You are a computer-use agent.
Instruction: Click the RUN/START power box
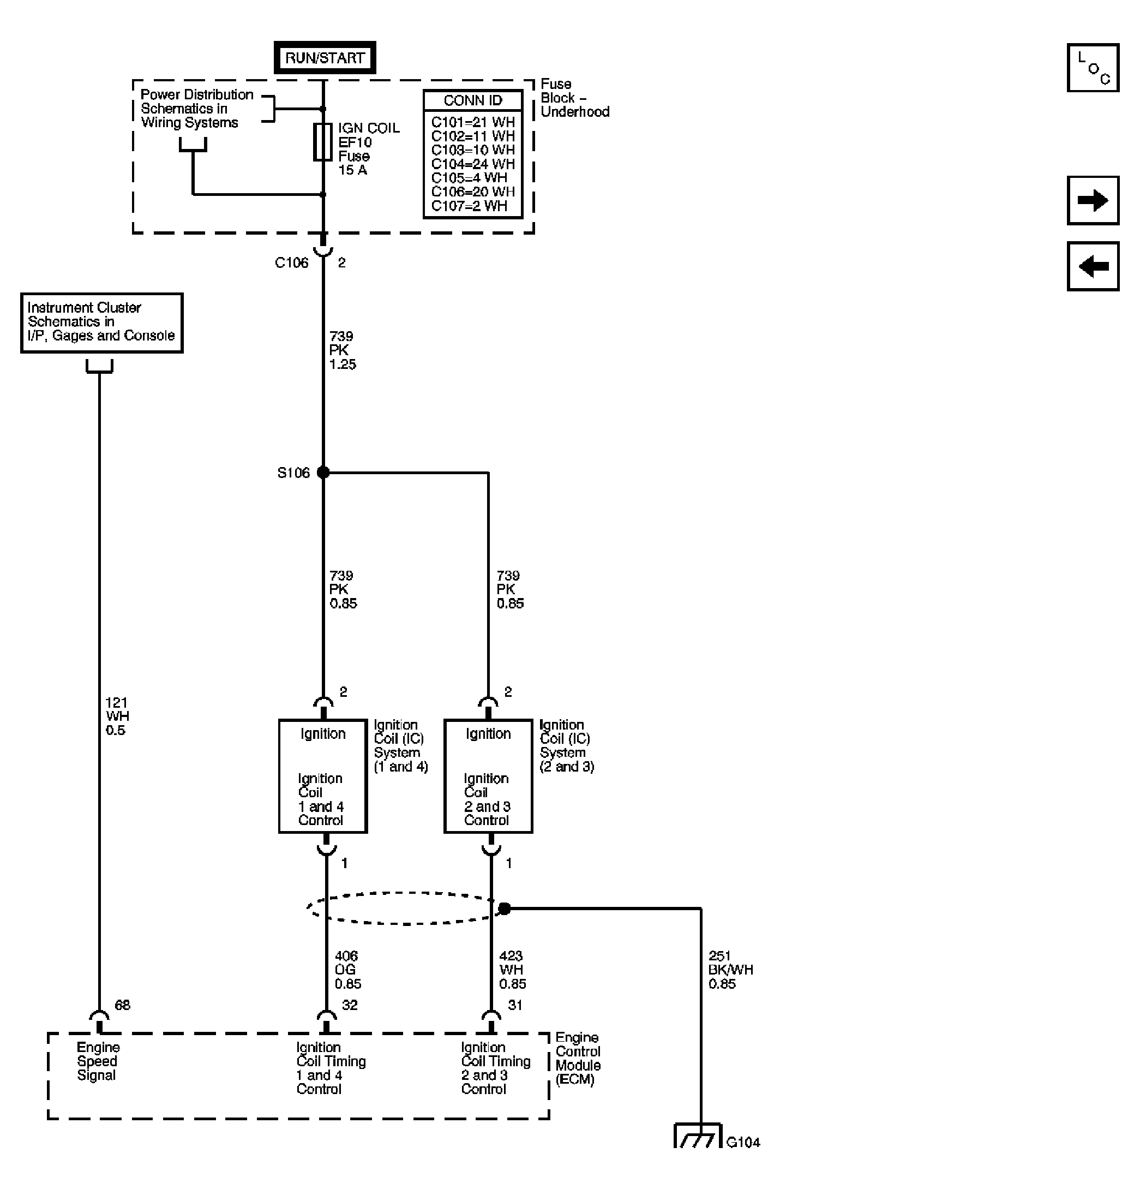325,58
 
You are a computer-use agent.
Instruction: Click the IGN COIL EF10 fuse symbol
322,142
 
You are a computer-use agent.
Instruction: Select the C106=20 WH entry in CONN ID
472,192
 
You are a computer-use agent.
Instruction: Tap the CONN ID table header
472,100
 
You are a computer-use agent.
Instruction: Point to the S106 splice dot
323,472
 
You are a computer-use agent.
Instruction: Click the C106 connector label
291,262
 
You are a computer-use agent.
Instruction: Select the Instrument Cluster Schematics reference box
101,322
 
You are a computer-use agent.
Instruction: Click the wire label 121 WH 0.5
116,716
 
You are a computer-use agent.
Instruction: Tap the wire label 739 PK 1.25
342,350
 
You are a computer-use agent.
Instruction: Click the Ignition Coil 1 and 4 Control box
322,776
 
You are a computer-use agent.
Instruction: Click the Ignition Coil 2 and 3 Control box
488,776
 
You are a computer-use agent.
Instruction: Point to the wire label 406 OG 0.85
347,970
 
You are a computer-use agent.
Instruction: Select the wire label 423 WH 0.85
512,970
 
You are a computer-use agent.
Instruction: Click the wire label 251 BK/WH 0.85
729,970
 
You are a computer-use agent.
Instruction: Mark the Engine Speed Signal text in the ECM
98,1061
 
